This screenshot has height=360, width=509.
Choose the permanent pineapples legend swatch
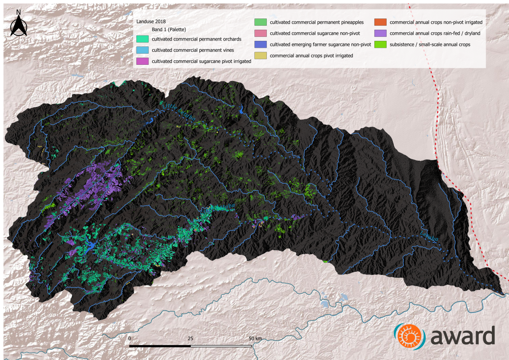point(261,22)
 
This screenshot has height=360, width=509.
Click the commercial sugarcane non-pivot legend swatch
point(261,33)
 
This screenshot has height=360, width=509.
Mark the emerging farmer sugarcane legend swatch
point(261,45)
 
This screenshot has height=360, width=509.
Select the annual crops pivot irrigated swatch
point(261,55)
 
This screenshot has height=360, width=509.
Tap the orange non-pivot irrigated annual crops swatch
point(381,22)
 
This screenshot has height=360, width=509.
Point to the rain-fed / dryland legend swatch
point(381,33)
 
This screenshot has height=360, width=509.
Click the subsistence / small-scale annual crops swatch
point(381,45)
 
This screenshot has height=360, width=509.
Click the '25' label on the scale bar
point(190,338)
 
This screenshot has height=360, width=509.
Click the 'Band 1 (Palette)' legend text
point(166,30)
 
